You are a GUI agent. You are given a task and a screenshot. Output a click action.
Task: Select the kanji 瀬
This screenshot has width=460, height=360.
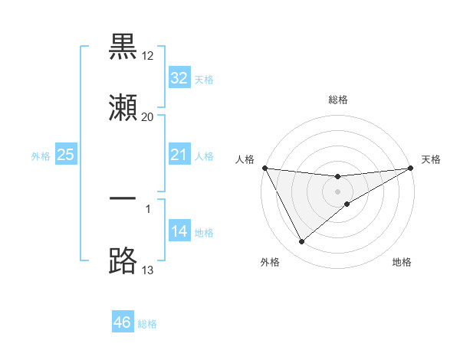(x=123, y=106)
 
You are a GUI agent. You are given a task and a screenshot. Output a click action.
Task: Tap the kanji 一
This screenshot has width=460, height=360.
(x=123, y=198)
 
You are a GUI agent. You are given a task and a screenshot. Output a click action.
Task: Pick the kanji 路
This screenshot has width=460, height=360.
(x=123, y=260)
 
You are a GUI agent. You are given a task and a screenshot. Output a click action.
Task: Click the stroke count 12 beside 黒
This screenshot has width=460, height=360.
(x=149, y=56)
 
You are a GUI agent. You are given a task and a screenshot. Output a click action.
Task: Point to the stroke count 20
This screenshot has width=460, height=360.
(x=148, y=116)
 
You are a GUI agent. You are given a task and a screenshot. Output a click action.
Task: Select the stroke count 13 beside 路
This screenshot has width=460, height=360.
(x=148, y=270)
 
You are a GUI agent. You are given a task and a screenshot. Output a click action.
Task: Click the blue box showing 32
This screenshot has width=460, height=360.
(x=179, y=78)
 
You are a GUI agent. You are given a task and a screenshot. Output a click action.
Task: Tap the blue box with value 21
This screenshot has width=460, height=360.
(x=179, y=155)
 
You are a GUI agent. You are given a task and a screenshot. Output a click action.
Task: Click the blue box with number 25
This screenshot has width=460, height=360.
(x=66, y=155)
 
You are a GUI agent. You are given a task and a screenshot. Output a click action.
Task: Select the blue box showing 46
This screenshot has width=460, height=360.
(x=122, y=322)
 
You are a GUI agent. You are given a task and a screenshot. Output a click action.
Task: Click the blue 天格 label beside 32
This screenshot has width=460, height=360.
(x=204, y=79)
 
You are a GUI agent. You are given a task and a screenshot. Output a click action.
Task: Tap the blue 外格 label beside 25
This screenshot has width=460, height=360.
(x=41, y=156)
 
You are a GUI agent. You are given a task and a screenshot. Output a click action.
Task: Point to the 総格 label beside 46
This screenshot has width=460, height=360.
(x=147, y=323)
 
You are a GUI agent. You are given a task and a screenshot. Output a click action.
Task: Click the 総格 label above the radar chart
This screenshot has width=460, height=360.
(x=338, y=100)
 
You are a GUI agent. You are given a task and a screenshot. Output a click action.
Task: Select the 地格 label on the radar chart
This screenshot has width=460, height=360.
(x=402, y=262)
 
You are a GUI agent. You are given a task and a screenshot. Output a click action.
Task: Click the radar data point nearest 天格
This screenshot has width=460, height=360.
(x=410, y=168)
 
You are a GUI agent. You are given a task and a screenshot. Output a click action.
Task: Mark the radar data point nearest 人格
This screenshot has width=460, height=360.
(x=265, y=168)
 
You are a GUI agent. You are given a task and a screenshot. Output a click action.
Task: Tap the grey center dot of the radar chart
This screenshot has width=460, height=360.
(x=337, y=191)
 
